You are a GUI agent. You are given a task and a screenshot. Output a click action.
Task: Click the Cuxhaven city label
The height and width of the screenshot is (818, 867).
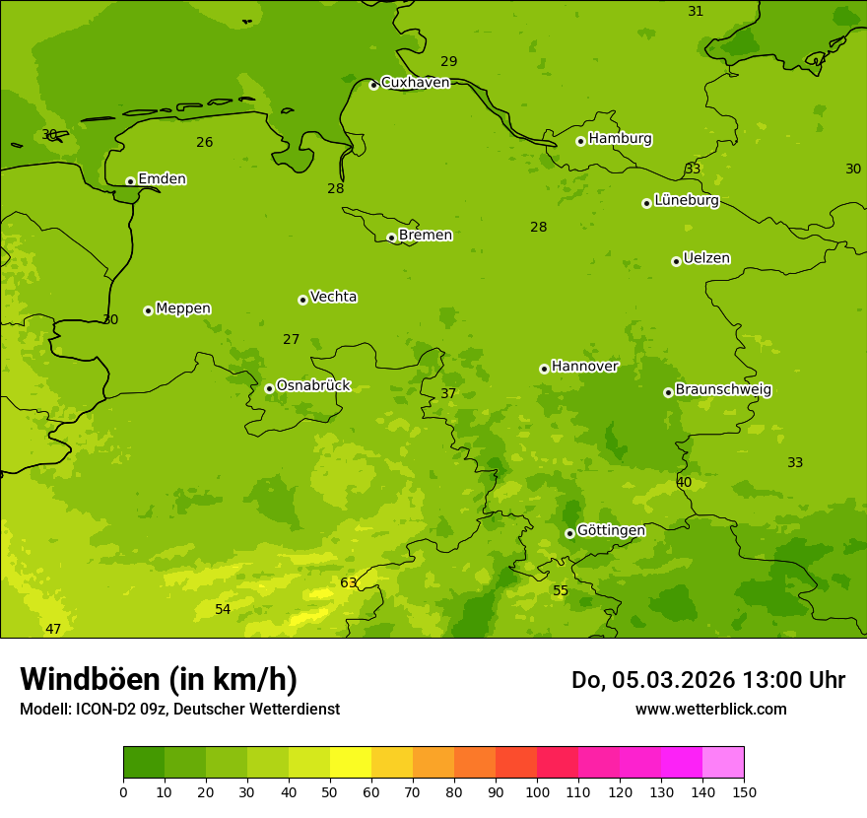415,83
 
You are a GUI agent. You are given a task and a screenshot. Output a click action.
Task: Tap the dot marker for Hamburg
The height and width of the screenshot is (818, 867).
580,141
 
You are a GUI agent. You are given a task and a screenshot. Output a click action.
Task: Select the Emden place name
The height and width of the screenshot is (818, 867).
162,179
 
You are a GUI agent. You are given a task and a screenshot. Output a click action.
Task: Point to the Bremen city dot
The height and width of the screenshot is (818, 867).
391,238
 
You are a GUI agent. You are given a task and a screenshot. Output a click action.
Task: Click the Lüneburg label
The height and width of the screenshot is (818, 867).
686,201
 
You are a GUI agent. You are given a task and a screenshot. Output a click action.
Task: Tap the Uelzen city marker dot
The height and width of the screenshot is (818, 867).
676,261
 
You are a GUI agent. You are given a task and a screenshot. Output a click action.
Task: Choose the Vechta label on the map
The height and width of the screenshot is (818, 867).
333,297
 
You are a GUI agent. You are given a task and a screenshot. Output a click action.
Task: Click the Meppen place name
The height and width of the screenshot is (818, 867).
182,308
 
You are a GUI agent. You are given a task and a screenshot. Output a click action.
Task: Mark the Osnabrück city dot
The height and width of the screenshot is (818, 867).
269,388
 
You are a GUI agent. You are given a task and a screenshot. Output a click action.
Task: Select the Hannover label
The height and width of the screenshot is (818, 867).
584,367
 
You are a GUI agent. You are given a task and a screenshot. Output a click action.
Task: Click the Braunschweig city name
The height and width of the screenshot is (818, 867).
723,390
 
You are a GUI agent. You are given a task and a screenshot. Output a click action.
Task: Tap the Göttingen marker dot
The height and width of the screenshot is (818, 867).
569,533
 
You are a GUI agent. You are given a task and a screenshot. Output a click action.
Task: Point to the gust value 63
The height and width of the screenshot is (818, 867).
349,583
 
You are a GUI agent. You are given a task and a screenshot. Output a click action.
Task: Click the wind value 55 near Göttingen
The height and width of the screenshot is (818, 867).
561,591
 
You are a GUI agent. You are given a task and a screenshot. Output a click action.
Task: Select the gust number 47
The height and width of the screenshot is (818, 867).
53,630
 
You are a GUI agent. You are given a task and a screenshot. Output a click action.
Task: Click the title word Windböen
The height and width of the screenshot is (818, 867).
90,680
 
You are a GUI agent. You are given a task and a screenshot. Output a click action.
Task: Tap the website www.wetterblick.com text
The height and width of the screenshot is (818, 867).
710,710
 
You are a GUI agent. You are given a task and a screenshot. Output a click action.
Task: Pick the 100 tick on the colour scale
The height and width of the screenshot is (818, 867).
537,791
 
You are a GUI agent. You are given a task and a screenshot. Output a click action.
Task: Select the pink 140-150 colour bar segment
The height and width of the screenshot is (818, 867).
723,763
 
